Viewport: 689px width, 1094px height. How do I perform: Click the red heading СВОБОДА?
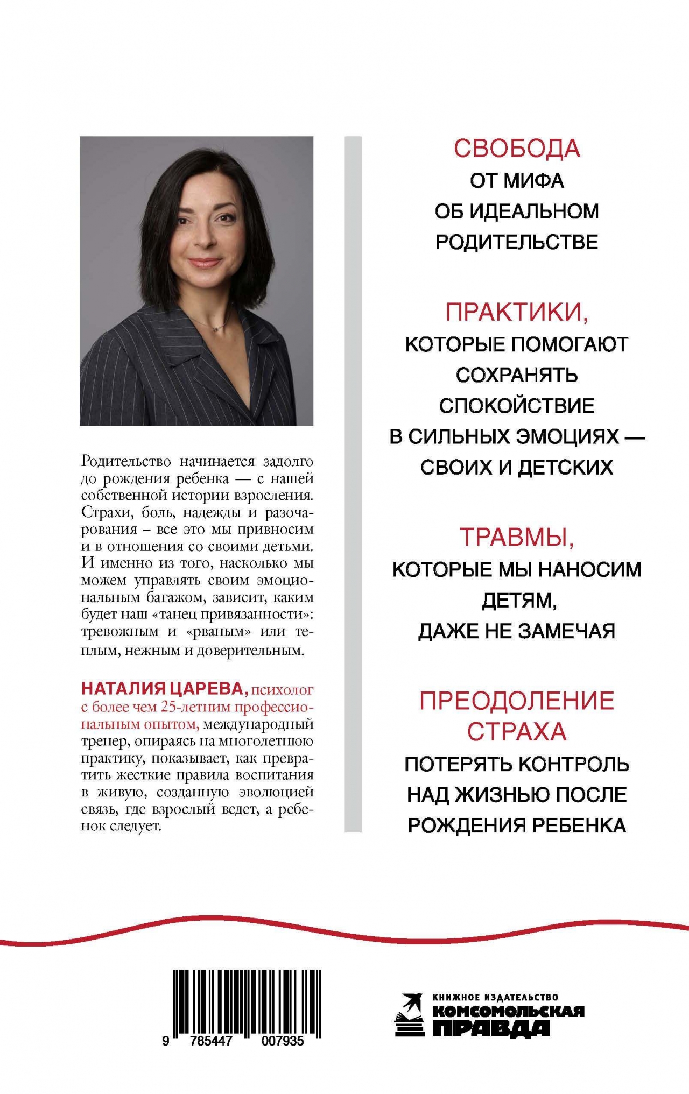click(x=517, y=149)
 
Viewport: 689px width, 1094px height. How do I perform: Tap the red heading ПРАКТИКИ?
click(x=516, y=312)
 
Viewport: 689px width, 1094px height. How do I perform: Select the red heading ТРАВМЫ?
click(x=516, y=537)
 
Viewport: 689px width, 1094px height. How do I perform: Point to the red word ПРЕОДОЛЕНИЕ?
click(x=517, y=701)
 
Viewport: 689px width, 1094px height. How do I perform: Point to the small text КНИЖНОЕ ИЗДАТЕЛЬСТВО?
click(x=495, y=997)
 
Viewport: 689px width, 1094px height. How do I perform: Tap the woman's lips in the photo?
click(x=205, y=263)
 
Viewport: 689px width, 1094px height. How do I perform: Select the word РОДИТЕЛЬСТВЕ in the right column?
click(x=517, y=242)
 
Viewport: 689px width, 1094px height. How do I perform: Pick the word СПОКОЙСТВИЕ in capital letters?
click(x=517, y=406)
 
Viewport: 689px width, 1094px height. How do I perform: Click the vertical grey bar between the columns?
click(x=353, y=484)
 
